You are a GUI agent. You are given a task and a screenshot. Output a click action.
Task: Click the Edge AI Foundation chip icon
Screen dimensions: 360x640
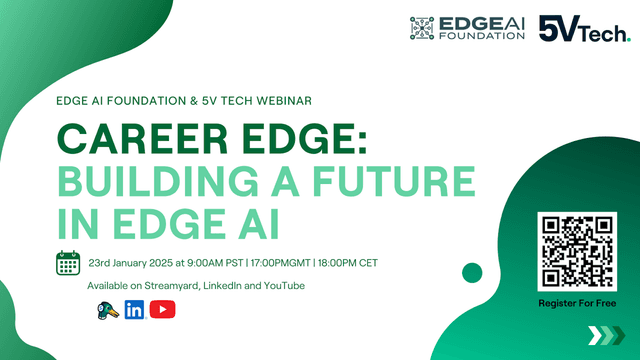[425, 28]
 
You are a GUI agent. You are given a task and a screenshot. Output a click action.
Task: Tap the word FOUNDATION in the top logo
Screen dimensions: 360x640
[482, 36]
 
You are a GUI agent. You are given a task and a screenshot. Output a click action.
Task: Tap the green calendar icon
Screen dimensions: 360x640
[68, 263]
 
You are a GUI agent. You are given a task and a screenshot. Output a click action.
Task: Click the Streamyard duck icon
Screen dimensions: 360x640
[104, 310]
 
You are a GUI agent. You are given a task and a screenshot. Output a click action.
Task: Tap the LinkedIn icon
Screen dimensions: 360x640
[133, 310]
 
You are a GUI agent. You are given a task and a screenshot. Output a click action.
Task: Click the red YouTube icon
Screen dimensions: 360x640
[162, 310]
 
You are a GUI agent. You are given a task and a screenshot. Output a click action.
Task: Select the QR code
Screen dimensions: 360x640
[577, 250]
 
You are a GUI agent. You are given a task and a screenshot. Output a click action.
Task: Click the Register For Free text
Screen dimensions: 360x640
[577, 302]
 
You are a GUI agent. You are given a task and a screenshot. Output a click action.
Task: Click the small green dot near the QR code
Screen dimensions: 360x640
[472, 272]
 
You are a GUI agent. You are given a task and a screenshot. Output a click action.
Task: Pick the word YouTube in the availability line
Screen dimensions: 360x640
[283, 287]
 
